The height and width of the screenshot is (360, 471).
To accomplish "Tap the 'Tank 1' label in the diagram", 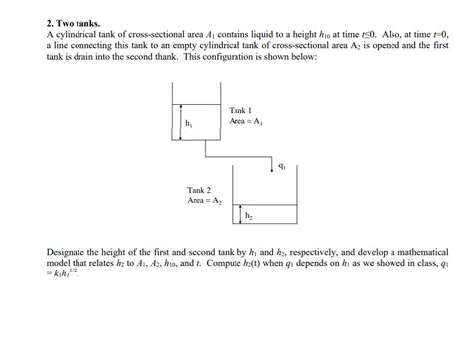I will [x=240, y=111].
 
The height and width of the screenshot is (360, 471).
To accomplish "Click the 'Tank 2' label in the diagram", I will [x=200, y=189].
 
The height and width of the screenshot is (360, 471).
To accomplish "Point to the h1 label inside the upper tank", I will [x=188, y=124].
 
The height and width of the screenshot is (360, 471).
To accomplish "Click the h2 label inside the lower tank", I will [x=249, y=214].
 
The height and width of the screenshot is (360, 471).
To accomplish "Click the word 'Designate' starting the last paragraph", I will [x=68, y=254].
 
